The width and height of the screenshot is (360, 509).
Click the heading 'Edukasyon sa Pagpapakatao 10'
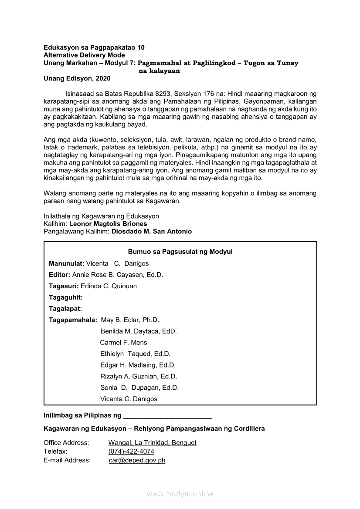pos(94,47)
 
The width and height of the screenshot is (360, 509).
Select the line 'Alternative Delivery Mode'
pos(84,55)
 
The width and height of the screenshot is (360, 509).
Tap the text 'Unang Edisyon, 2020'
pos(77,79)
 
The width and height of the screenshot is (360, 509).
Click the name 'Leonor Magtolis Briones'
pos(108,224)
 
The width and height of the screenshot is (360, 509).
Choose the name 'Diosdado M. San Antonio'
pos(152,232)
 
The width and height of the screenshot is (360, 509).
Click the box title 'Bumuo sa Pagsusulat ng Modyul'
pos(180,252)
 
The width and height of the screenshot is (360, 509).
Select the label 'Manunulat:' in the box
pos(66,263)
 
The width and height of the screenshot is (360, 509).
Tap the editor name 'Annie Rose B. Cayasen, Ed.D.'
pos(118,275)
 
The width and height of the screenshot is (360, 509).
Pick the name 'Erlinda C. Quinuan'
pos(109,286)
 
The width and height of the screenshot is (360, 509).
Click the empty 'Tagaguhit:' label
pos(66,297)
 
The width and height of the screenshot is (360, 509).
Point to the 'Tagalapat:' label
pos(65,309)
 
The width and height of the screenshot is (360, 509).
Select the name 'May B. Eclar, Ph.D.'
pos(130,320)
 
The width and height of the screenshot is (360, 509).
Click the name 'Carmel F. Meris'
pos(124,343)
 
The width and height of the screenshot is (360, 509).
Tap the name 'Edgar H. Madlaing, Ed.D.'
pos(138,365)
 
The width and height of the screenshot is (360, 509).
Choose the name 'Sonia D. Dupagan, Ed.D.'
pos(139,388)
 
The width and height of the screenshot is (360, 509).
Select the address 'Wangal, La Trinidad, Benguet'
pos(153,443)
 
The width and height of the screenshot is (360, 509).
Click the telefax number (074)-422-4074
pos(131,452)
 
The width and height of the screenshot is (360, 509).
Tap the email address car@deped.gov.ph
pos(137,460)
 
